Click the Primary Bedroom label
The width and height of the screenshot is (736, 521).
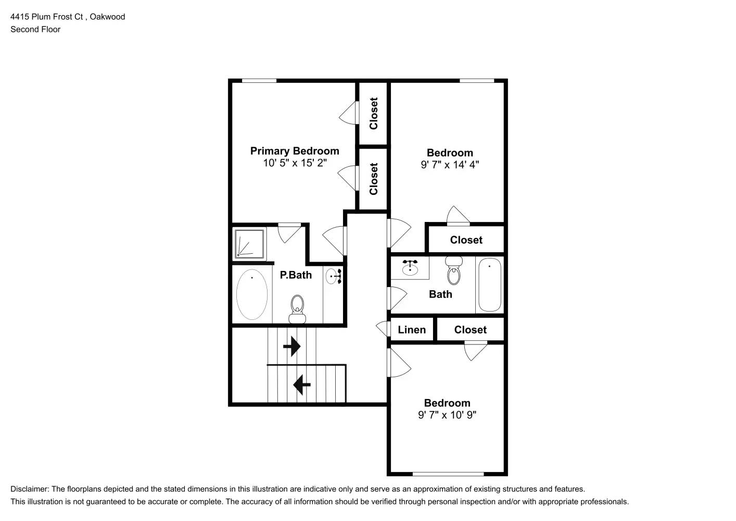click(x=295, y=151)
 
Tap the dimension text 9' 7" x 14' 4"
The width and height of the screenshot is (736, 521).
click(x=450, y=165)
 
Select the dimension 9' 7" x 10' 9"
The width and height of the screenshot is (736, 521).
click(x=447, y=415)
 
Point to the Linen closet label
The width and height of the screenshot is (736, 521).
click(x=412, y=330)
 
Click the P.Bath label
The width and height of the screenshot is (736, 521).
click(x=296, y=275)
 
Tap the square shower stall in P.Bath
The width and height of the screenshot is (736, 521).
click(x=250, y=244)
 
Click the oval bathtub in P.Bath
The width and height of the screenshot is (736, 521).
click(x=252, y=294)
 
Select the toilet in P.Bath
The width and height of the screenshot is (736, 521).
click(x=297, y=308)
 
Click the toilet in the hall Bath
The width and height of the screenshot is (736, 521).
click(x=454, y=271)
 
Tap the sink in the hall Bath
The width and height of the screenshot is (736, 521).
click(x=410, y=268)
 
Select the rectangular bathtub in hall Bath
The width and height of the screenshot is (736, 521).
click(x=489, y=284)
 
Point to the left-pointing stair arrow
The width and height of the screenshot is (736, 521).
click(x=302, y=385)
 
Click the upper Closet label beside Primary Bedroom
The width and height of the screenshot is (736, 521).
click(x=373, y=113)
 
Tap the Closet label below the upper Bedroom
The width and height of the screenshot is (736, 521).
click(x=466, y=240)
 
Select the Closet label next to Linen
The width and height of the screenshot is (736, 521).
click(x=470, y=330)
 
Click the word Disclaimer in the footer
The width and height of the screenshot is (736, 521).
click(x=29, y=489)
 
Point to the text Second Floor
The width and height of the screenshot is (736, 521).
click(x=35, y=29)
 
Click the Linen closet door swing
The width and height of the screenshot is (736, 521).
click(x=383, y=329)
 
